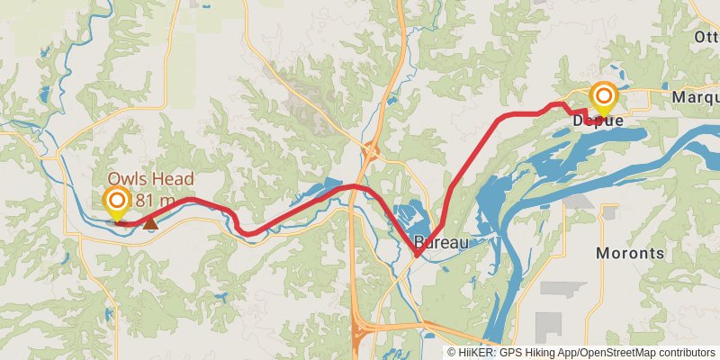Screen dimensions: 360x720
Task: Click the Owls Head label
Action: [150, 179]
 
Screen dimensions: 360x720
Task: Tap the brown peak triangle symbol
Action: [151, 221]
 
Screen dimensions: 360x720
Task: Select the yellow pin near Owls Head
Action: [117, 204]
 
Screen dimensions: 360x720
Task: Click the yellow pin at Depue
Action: [603, 99]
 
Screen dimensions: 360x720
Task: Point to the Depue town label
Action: [598, 121]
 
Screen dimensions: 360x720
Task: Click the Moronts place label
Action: [630, 253]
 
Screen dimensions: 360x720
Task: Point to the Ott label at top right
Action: [706, 37]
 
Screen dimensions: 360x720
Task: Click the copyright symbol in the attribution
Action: [453, 353]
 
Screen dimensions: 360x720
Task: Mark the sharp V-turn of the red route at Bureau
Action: [416, 256]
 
